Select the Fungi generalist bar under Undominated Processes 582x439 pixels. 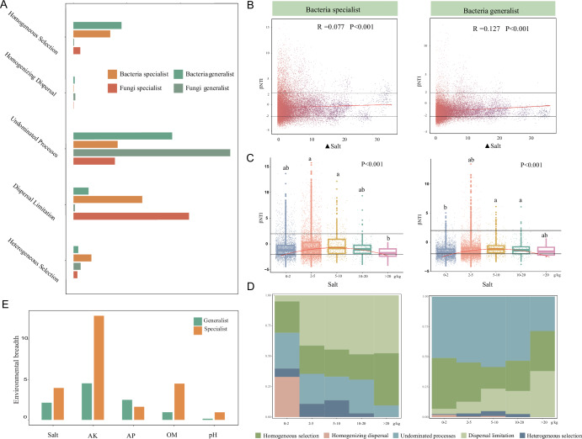pyautogui.click(x=152, y=152)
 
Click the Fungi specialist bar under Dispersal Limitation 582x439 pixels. pyautogui.click(x=131, y=216)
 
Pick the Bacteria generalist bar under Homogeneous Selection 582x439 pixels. pyautogui.click(x=97, y=25)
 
